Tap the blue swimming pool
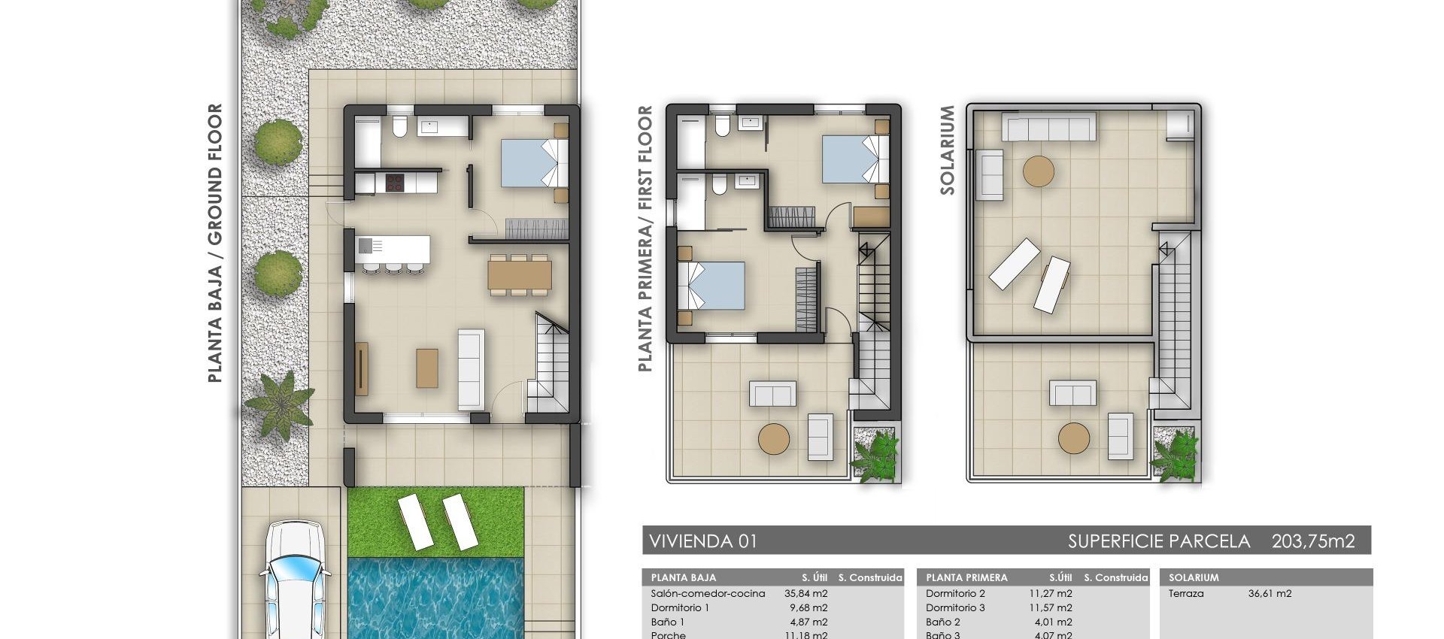(x=435, y=598)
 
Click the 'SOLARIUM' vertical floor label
(x=947, y=150)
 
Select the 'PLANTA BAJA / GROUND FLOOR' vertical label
(x=215, y=243)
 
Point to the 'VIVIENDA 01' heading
(x=703, y=541)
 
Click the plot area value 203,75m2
(x=1312, y=541)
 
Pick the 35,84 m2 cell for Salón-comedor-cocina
(x=804, y=593)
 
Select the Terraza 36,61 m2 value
(x=1270, y=593)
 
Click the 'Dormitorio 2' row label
(x=955, y=593)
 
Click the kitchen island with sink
(x=393, y=247)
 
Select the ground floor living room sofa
(x=472, y=369)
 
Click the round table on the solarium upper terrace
(x=1039, y=171)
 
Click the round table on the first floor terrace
(x=774, y=439)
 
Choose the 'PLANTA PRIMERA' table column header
(x=966, y=577)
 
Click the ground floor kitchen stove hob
(x=395, y=183)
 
